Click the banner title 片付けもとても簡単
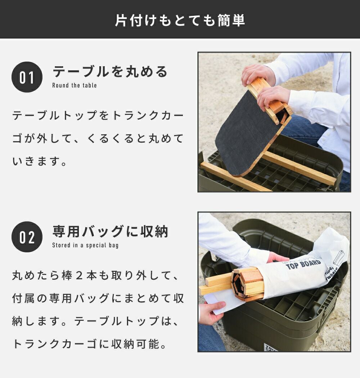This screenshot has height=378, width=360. [x=180, y=20]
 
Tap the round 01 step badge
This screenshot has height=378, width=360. [x=27, y=77]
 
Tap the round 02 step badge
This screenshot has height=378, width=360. [x=27, y=237]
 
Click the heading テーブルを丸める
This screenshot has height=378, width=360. [x=110, y=72]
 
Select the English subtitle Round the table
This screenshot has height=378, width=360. [x=75, y=85]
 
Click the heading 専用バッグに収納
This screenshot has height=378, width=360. [x=110, y=231]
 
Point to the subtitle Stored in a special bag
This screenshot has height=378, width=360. [x=85, y=246]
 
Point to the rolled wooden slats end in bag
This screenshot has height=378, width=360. [x=247, y=284]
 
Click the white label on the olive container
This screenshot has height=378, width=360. [x=271, y=347]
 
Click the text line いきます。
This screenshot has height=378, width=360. [x=40, y=161]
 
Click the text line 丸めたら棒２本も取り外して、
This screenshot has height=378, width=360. [x=95, y=275]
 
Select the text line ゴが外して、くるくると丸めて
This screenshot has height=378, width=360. [x=98, y=138]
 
